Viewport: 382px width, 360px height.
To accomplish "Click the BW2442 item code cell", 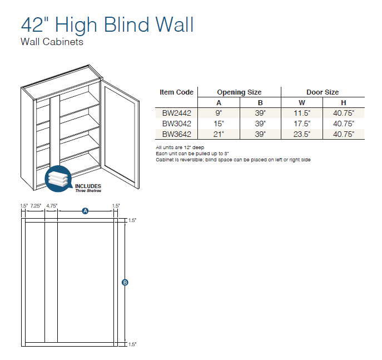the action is [177, 113].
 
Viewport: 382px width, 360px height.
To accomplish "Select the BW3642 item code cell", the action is [177, 134].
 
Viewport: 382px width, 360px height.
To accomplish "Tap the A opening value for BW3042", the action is [219, 124].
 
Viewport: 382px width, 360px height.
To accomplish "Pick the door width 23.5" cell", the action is [302, 134].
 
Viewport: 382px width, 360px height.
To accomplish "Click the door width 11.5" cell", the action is [302, 113].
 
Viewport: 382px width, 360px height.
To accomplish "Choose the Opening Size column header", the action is [239, 92].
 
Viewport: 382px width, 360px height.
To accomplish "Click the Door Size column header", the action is [323, 92].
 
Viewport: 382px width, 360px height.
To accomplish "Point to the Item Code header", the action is [176, 92].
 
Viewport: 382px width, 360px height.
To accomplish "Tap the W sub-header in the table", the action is [302, 103].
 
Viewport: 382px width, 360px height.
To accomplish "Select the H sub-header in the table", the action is [344, 103].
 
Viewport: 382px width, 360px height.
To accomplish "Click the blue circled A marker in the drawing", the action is [85, 211].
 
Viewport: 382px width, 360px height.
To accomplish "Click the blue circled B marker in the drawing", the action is [125, 283].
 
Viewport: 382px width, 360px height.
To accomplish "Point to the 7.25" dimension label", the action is [36, 206].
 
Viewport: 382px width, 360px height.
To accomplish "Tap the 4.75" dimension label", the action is [52, 206].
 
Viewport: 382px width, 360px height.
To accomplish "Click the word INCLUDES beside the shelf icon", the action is [88, 186].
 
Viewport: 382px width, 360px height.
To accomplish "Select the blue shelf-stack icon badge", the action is [58, 179].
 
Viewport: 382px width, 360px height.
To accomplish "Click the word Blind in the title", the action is [127, 24].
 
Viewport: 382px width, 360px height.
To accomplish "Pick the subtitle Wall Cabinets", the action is [52, 42].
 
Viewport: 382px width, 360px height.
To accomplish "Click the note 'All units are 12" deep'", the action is [180, 147].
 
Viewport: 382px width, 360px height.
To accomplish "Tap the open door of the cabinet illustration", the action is [120, 134].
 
